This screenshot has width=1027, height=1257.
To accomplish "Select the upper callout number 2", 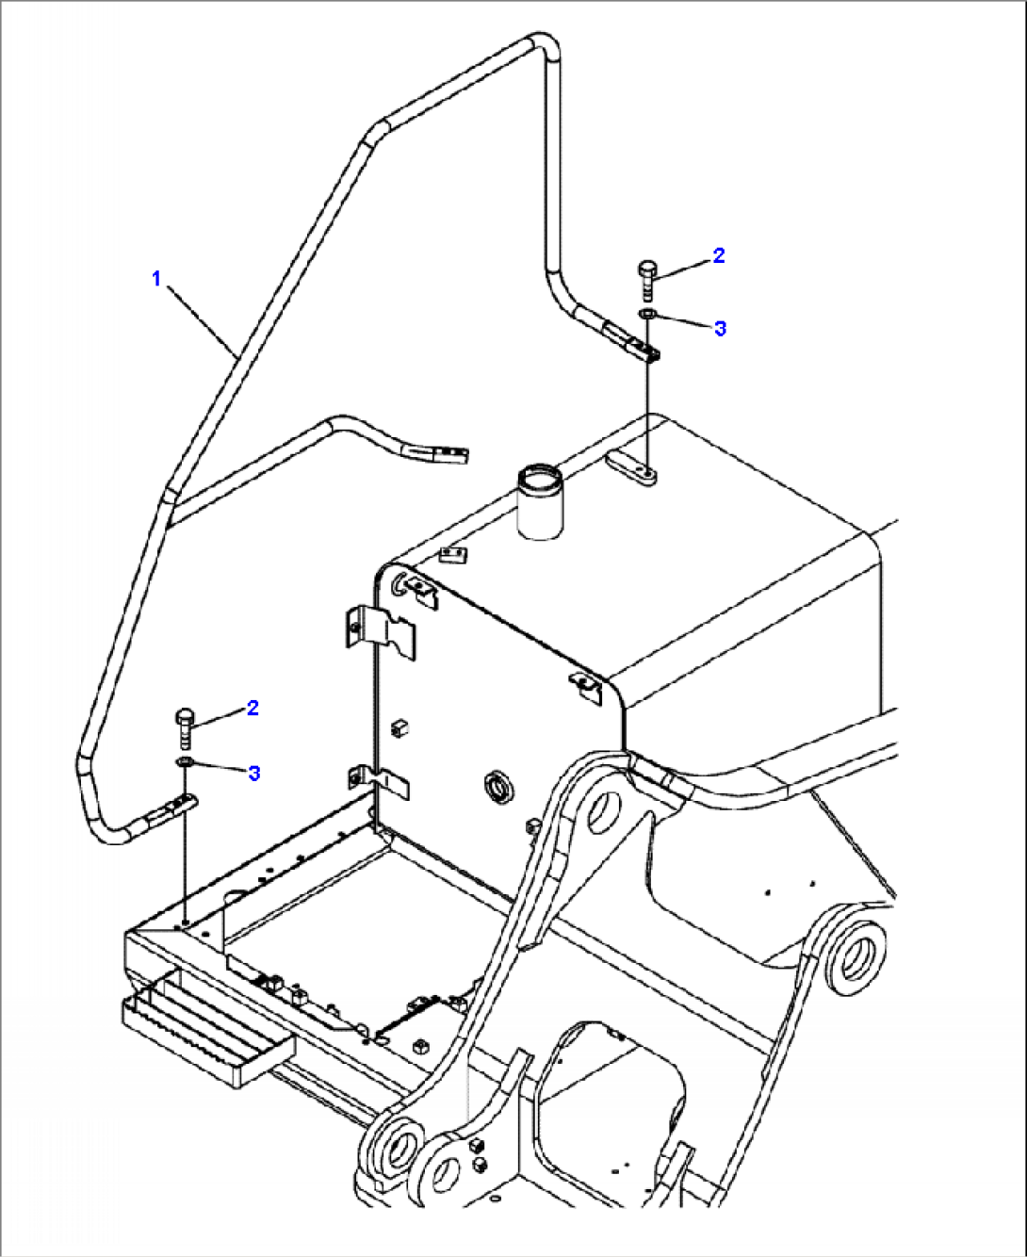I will point(719,255).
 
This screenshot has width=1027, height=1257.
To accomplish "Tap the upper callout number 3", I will point(721,328).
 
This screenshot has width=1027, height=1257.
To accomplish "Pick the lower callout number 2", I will point(253,708).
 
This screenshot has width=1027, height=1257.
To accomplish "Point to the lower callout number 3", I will point(253,773).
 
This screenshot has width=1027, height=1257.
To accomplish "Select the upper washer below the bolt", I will point(646,314).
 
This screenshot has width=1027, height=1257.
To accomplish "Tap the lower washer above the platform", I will point(185,760).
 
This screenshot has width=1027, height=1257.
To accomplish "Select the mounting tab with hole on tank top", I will point(632,469).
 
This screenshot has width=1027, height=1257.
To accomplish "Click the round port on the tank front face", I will point(497,785).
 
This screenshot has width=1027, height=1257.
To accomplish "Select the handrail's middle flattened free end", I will point(439,455).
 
